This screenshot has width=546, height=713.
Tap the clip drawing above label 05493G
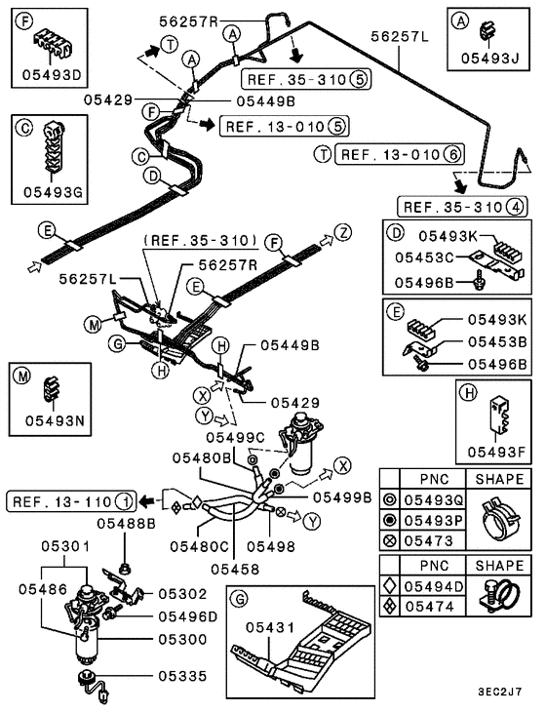tap(47, 157)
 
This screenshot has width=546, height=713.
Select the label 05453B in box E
tap(496, 341)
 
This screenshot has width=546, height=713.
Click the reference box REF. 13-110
tap(61, 501)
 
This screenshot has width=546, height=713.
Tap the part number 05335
tap(183, 674)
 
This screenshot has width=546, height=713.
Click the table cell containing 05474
tap(433, 606)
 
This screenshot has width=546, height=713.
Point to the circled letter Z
tap(342, 233)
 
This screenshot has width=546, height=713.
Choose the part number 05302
tap(183, 592)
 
